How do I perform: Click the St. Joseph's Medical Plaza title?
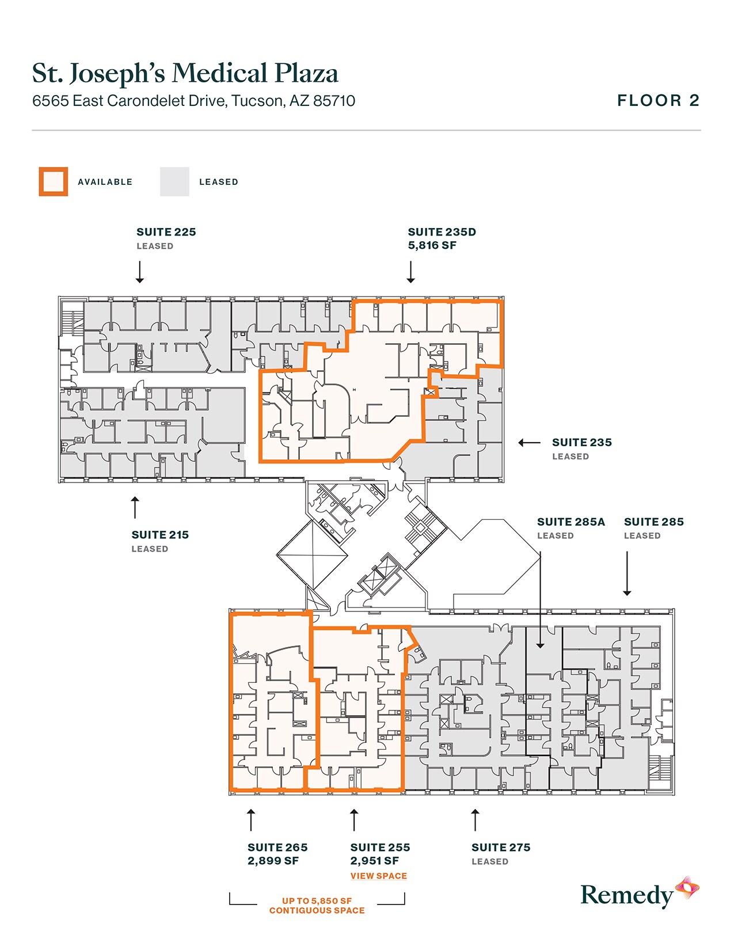[x=185, y=74]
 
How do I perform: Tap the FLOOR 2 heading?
[x=658, y=101]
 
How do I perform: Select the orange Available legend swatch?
[x=54, y=182]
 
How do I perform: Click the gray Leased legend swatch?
[x=174, y=182]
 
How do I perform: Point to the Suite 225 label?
[x=166, y=232]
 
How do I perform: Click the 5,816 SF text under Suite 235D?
[x=432, y=246]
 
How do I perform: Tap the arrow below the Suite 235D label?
[x=410, y=272]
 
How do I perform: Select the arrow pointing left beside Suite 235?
[x=529, y=443]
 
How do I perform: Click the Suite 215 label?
[x=160, y=535]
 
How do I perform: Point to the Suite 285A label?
[x=571, y=522]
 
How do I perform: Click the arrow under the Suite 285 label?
[x=627, y=573]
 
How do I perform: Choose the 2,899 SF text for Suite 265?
[x=273, y=861]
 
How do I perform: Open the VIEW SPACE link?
[x=378, y=876]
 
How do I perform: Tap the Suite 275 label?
[x=500, y=848]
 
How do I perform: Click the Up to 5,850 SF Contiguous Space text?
[x=317, y=906]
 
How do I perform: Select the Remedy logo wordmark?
[x=626, y=896]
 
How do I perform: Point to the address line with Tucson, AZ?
[x=193, y=101]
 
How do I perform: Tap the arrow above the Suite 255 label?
[x=354, y=820]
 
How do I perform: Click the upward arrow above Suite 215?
[x=135, y=507]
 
